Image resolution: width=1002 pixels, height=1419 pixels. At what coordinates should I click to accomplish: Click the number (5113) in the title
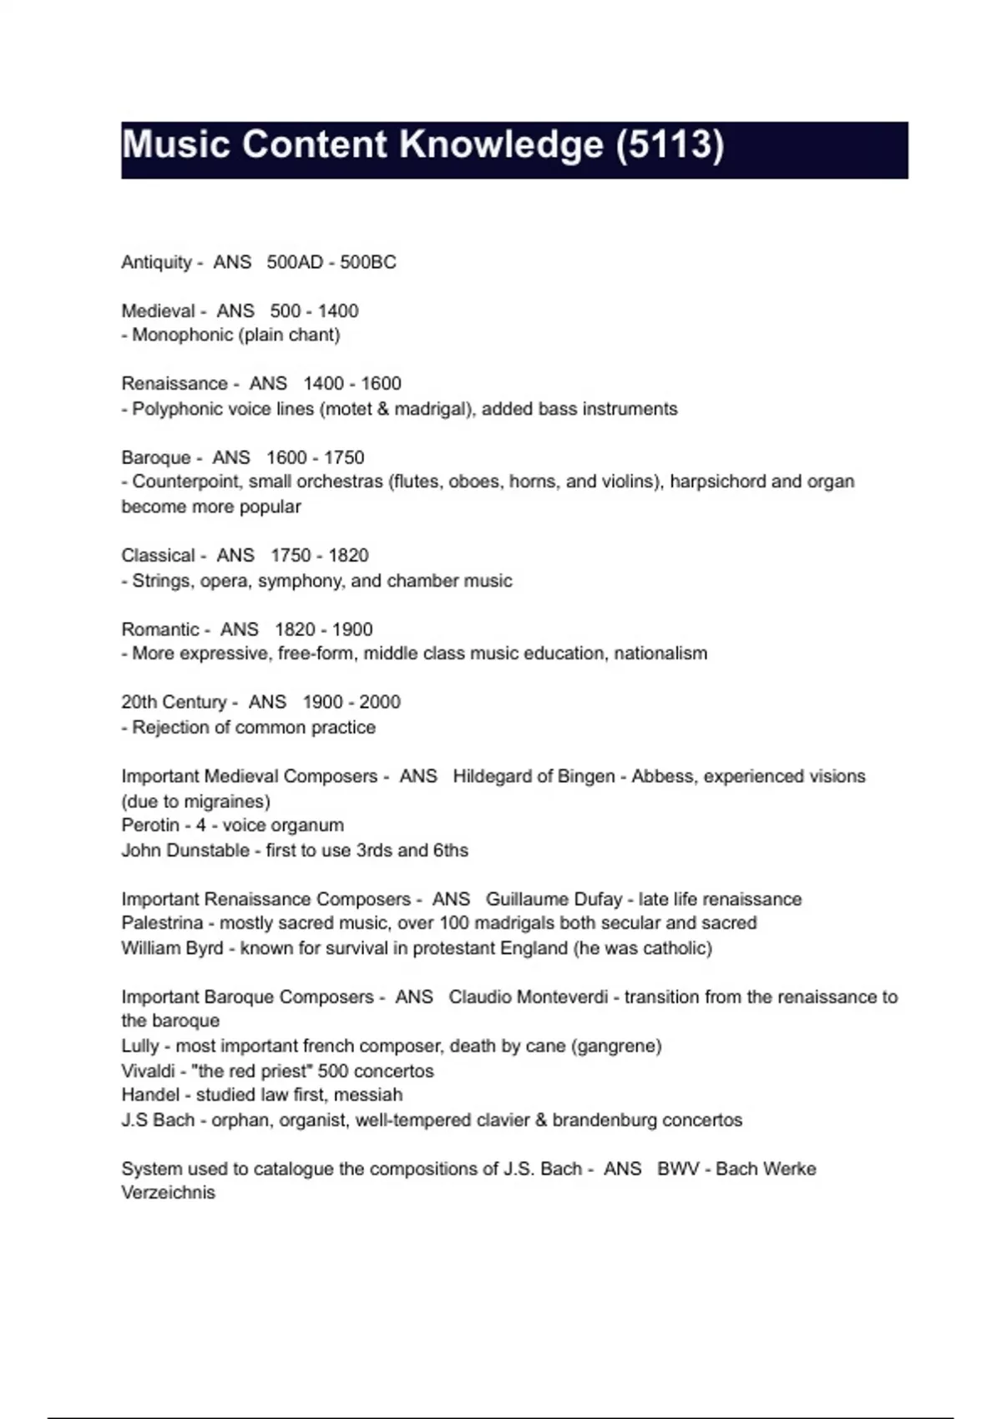coord(669,145)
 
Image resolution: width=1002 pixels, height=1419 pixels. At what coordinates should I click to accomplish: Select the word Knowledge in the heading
coord(501,145)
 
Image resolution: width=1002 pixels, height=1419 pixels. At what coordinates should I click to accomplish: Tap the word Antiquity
coord(156,262)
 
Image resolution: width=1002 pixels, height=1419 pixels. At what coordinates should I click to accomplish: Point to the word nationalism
coord(660,654)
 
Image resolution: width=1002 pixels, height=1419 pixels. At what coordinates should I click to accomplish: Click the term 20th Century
coord(174,702)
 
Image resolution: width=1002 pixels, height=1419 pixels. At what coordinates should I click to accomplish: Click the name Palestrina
coord(162,923)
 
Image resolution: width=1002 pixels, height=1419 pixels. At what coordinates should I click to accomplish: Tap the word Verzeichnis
coord(168,1193)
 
